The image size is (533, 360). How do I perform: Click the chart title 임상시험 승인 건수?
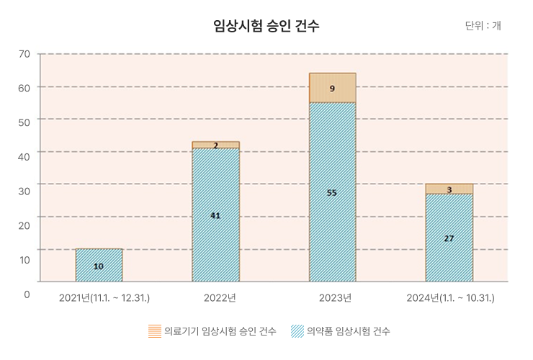[x=266, y=27]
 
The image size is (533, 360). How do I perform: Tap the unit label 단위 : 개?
[x=483, y=26]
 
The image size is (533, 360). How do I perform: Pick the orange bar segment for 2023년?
[x=332, y=88]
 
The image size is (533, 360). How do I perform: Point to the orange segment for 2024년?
[x=449, y=189]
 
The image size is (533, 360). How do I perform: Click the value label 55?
[x=331, y=192]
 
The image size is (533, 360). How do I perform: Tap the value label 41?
[x=215, y=215]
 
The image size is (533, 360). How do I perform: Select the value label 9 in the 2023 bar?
[x=332, y=89]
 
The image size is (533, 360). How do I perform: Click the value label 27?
[x=449, y=238]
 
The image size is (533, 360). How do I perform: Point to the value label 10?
[x=99, y=266]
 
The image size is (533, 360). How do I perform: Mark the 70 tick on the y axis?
[x=24, y=54]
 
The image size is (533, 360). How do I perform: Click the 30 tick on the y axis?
[x=24, y=191]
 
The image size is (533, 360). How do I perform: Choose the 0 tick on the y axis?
[x=27, y=294]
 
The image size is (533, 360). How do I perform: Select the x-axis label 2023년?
[x=335, y=297]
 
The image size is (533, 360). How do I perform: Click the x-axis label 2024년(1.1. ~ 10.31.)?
[x=450, y=297]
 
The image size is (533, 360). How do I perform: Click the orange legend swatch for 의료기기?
[x=154, y=331]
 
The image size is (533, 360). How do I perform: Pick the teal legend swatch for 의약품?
[x=296, y=331]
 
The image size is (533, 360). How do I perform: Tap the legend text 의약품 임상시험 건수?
[x=348, y=331]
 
